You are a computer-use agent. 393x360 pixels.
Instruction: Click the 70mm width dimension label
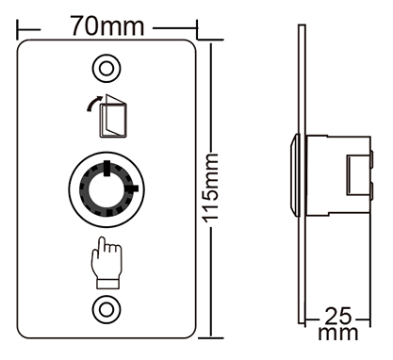pos(106,25)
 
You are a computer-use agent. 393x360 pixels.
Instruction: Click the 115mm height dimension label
pos(210,188)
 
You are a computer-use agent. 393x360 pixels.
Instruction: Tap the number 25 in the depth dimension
pos(337,316)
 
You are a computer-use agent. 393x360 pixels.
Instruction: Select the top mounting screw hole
pos(106,68)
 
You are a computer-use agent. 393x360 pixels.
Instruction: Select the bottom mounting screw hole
pos(106,309)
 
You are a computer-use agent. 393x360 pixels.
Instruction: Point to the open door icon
pos(113,116)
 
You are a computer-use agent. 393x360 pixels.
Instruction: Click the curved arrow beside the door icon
pos(94,103)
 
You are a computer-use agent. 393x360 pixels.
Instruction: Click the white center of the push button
pos(106,189)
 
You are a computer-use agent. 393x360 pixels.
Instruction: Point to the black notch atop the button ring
pos(106,169)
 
